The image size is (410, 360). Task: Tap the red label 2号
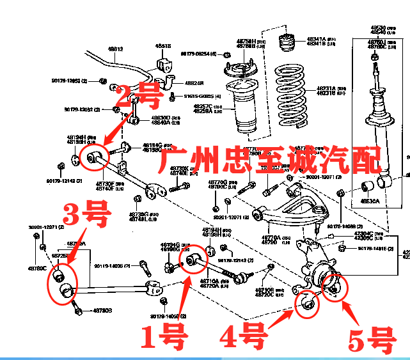[x=139, y=97]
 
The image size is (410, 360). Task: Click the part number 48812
[x=115, y=49]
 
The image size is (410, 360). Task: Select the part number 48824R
[x=194, y=82]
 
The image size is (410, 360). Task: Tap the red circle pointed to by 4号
[x=308, y=303]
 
